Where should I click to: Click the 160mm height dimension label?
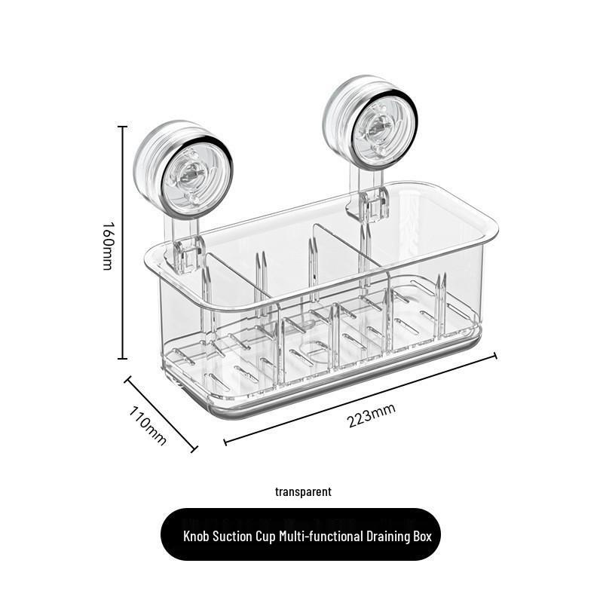(108, 245)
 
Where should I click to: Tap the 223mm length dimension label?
(372, 415)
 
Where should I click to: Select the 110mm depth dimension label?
(148, 425)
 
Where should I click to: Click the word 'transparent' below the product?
(303, 492)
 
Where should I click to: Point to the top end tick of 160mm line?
(122, 127)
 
